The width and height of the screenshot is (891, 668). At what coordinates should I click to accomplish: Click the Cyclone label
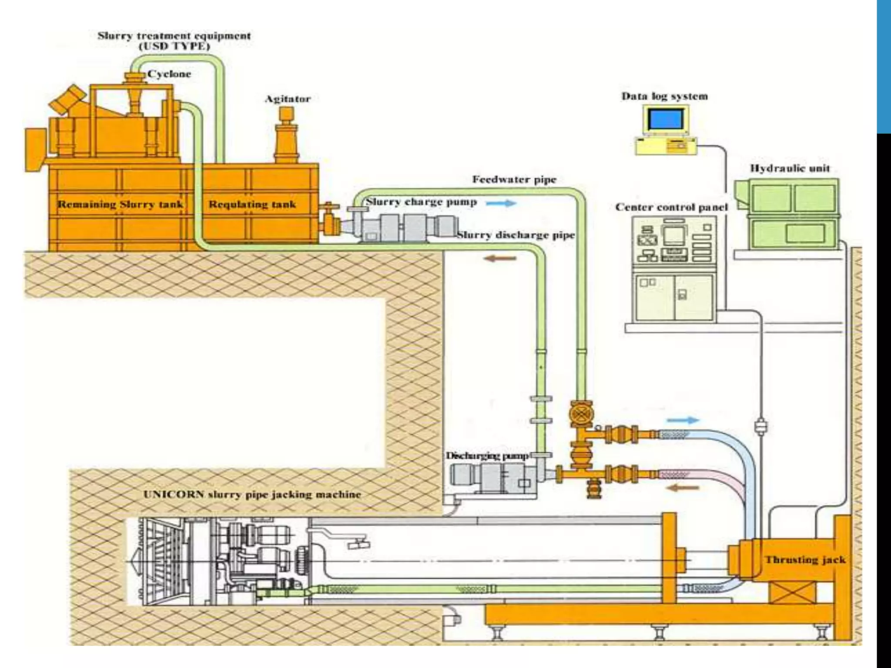(169, 74)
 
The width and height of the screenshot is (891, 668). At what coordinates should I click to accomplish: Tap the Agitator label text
(288, 99)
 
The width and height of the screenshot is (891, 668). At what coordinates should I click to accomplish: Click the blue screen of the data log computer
(665, 119)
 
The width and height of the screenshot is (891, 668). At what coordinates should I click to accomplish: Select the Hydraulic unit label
(790, 168)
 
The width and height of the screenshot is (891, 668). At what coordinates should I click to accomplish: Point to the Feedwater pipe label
(514, 180)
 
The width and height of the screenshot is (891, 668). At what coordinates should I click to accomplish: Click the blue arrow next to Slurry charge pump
(501, 203)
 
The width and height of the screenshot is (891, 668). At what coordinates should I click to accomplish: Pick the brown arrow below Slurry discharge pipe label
(500, 258)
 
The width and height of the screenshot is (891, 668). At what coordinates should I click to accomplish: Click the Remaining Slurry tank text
(121, 204)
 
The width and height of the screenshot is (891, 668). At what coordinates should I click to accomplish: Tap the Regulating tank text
(252, 204)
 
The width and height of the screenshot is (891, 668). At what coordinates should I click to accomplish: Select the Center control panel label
(671, 207)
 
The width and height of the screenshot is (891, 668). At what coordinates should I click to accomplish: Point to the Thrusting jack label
(805, 560)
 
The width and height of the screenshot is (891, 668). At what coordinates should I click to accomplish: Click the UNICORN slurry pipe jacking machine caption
(252, 494)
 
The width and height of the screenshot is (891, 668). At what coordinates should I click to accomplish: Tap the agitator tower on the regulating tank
(286, 135)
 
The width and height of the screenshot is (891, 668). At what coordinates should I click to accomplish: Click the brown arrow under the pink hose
(683, 488)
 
